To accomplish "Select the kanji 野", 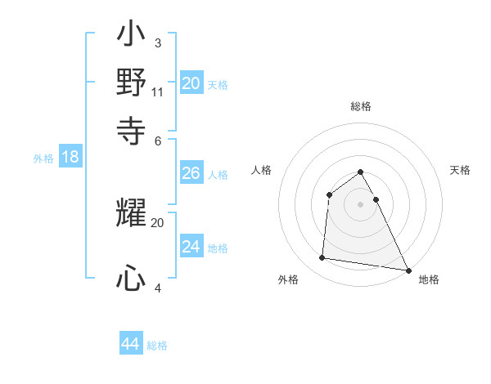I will [131, 83].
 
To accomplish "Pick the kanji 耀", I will [131, 214].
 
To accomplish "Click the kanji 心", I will [131, 279].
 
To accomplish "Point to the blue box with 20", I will [191, 83].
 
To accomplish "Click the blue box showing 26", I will [191, 173].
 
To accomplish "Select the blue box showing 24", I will [191, 247].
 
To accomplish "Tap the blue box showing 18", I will [70, 158].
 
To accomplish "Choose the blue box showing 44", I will [130, 344].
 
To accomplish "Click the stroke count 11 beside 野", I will [158, 92].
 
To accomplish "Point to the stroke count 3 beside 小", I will [157, 42].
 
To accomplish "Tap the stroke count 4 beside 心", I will [157, 287].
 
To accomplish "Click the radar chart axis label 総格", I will [361, 106].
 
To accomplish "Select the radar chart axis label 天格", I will [461, 170].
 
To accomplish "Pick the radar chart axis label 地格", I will [429, 280].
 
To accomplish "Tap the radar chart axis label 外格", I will [288, 280].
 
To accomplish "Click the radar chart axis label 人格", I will [261, 170].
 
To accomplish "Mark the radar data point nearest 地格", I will [408, 270].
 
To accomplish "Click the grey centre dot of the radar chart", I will [360, 204].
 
